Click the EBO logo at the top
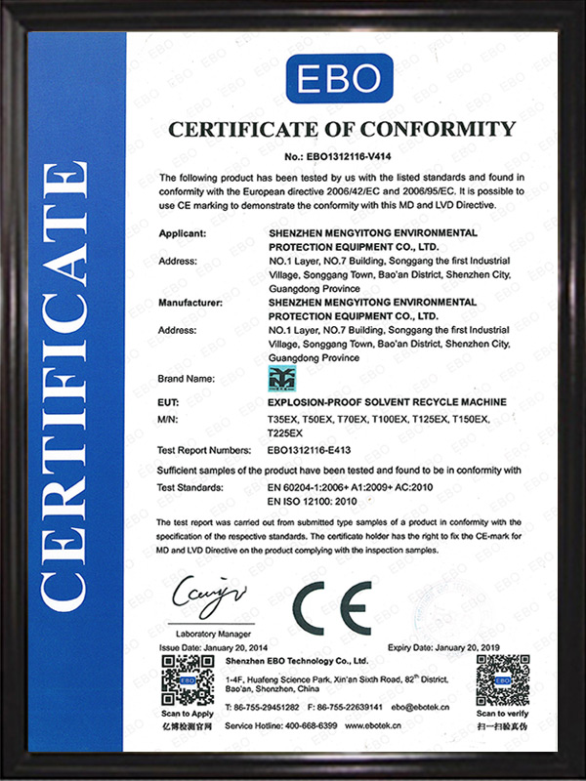339,78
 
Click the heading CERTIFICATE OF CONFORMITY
341,129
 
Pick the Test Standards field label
190,485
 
